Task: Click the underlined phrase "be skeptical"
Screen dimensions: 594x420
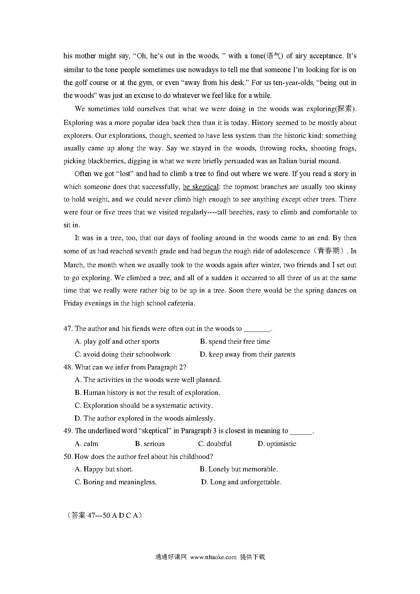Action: (x=201, y=187)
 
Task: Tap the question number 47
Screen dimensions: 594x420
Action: (x=68, y=328)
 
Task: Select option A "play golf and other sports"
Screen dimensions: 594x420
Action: (x=117, y=341)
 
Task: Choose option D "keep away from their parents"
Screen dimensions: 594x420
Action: (x=248, y=354)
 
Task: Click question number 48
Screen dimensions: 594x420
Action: (x=68, y=367)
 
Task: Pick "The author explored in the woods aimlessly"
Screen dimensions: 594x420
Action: (x=145, y=418)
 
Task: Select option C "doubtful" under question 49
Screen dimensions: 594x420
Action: (x=215, y=444)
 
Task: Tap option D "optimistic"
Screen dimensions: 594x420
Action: (x=277, y=444)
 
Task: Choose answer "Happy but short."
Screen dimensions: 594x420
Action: (x=104, y=469)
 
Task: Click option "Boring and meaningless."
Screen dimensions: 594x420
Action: (x=115, y=482)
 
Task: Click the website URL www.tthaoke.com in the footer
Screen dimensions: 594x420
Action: (x=213, y=557)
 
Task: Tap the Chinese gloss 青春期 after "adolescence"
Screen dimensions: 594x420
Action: (x=329, y=251)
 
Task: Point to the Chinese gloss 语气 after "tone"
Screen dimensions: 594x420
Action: (x=272, y=56)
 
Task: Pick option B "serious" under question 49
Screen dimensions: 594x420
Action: (x=150, y=444)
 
